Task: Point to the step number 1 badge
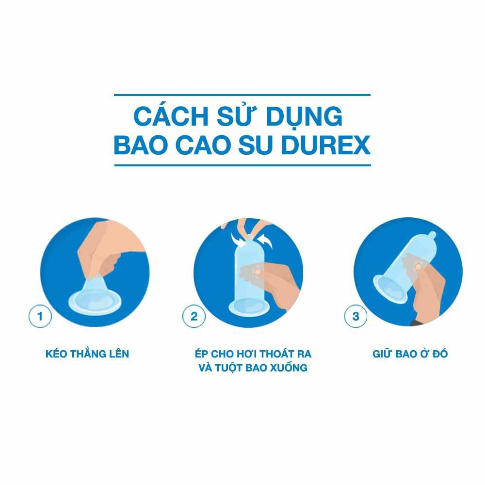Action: [x=40, y=317]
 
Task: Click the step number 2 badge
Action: [x=194, y=317]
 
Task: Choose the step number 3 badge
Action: [x=356, y=317]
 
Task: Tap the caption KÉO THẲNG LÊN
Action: [x=87, y=354]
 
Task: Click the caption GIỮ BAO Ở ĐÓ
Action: [x=410, y=354]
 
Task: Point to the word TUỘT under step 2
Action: [x=232, y=368]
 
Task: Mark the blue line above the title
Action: [x=242, y=95]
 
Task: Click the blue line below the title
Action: [x=242, y=165]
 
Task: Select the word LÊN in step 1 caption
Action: [x=118, y=354]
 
